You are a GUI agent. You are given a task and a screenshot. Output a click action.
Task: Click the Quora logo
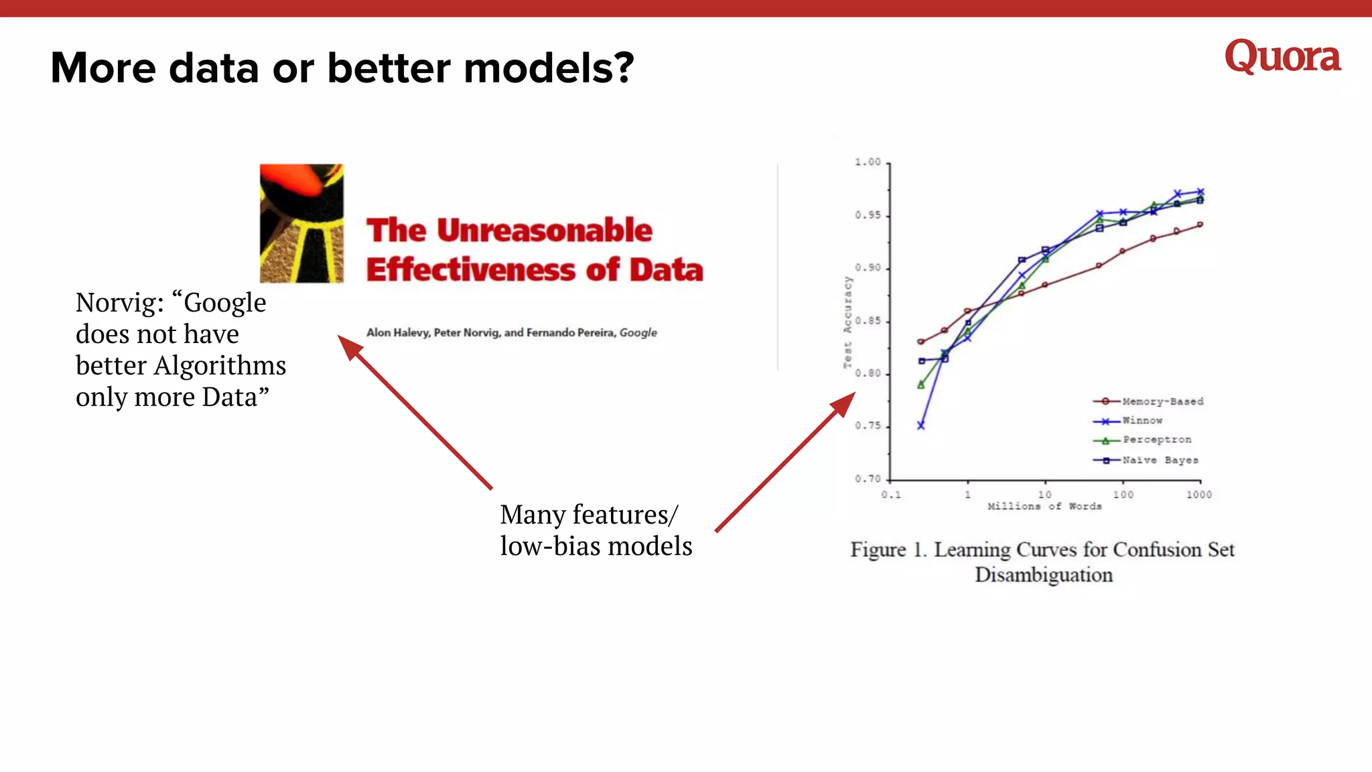pos(1282,56)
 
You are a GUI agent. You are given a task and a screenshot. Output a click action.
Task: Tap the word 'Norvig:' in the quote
pos(119,303)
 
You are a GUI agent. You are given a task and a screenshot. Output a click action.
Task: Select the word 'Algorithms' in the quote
pos(220,366)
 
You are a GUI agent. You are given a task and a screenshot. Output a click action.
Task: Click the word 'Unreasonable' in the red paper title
pos(544,231)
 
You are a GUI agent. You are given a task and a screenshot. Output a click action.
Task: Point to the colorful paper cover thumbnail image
pos(301,223)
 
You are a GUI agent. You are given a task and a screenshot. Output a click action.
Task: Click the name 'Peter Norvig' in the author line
pos(467,332)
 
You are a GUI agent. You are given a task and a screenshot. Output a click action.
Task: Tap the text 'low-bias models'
pos(596,546)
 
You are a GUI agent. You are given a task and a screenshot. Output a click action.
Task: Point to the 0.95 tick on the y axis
pos(868,215)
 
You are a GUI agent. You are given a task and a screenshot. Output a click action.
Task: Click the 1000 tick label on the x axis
pos(1198,495)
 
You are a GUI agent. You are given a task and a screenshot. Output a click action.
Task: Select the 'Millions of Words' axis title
pos(1044,507)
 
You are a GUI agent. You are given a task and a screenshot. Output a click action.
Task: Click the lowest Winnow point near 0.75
pos(921,426)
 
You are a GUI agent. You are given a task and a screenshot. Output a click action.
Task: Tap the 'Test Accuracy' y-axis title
pos(847,322)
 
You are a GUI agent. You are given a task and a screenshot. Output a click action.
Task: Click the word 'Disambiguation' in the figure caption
pos(1043,575)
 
